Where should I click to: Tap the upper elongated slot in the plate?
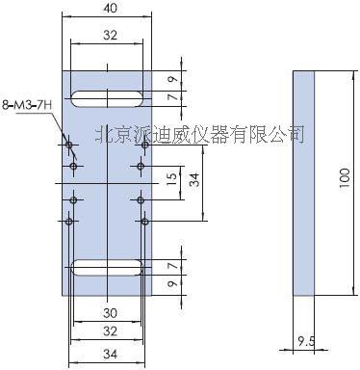pyautogui.click(x=107, y=96)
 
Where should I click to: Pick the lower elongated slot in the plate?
pyautogui.click(x=107, y=266)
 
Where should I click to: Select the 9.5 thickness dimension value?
pyautogui.click(x=305, y=340)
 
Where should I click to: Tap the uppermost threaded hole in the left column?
pyautogui.click(x=70, y=145)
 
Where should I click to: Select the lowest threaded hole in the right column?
pyautogui.click(x=141, y=221)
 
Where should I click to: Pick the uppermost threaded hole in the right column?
pyautogui.click(x=141, y=145)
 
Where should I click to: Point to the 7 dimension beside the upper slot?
pyautogui.click(x=172, y=97)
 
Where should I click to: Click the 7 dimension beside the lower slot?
pyautogui.click(x=172, y=265)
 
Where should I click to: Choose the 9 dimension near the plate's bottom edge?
pyautogui.click(x=172, y=283)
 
